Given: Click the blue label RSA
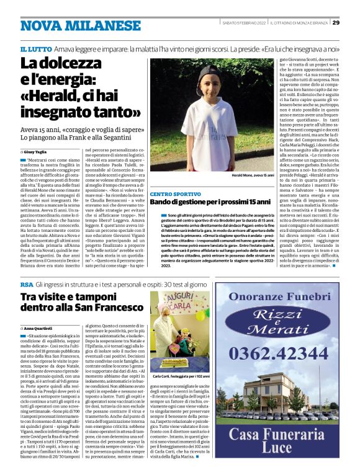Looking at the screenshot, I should point(26,283).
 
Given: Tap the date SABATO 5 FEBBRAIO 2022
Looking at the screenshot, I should point(244,23).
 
